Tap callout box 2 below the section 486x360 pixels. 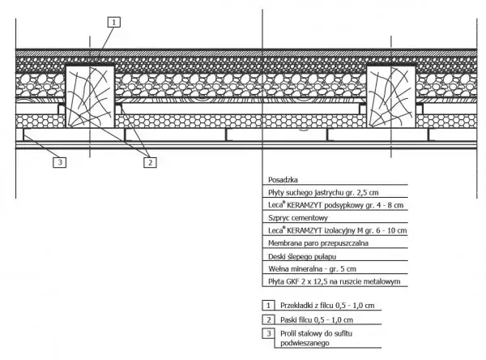click(x=150, y=162)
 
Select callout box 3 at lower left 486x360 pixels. click(x=59, y=162)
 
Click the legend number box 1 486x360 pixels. click(x=268, y=306)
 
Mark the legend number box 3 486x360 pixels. click(x=268, y=332)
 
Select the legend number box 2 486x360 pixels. click(x=268, y=319)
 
